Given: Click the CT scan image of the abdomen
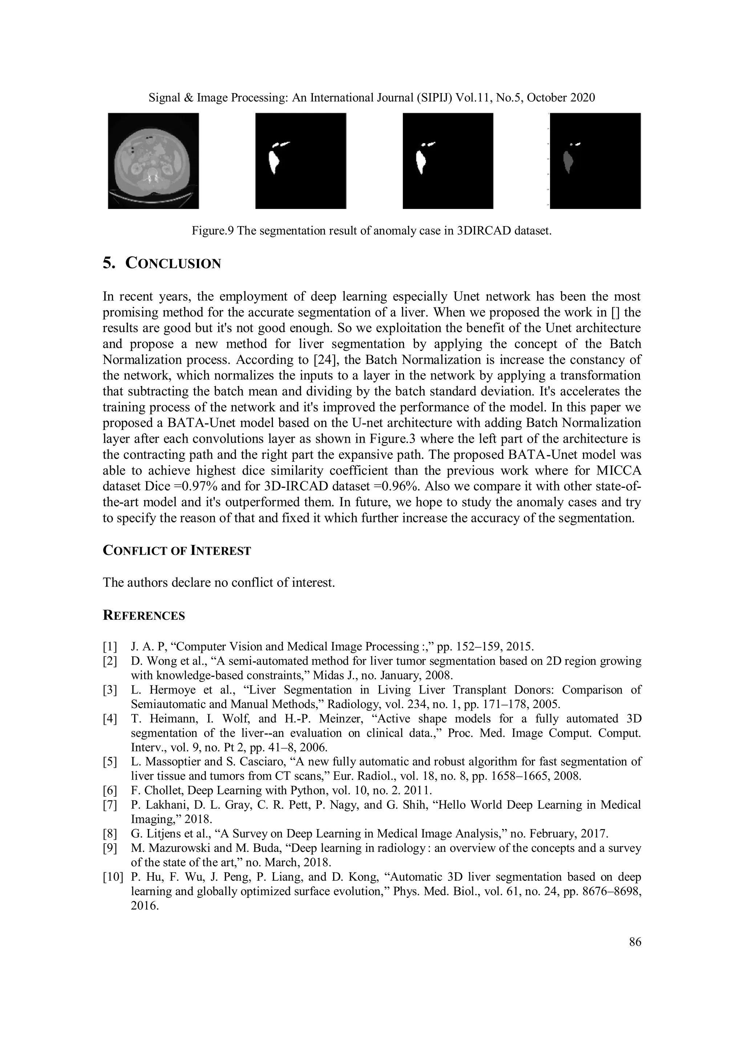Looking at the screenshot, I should click(x=153, y=161).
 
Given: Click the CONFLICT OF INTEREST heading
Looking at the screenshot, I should click(x=177, y=551).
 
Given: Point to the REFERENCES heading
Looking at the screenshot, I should click(x=143, y=616).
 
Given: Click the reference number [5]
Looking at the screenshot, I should click(x=110, y=762).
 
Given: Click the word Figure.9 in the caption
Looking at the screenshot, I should click(x=212, y=231).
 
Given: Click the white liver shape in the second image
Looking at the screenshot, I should click(x=274, y=162).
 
